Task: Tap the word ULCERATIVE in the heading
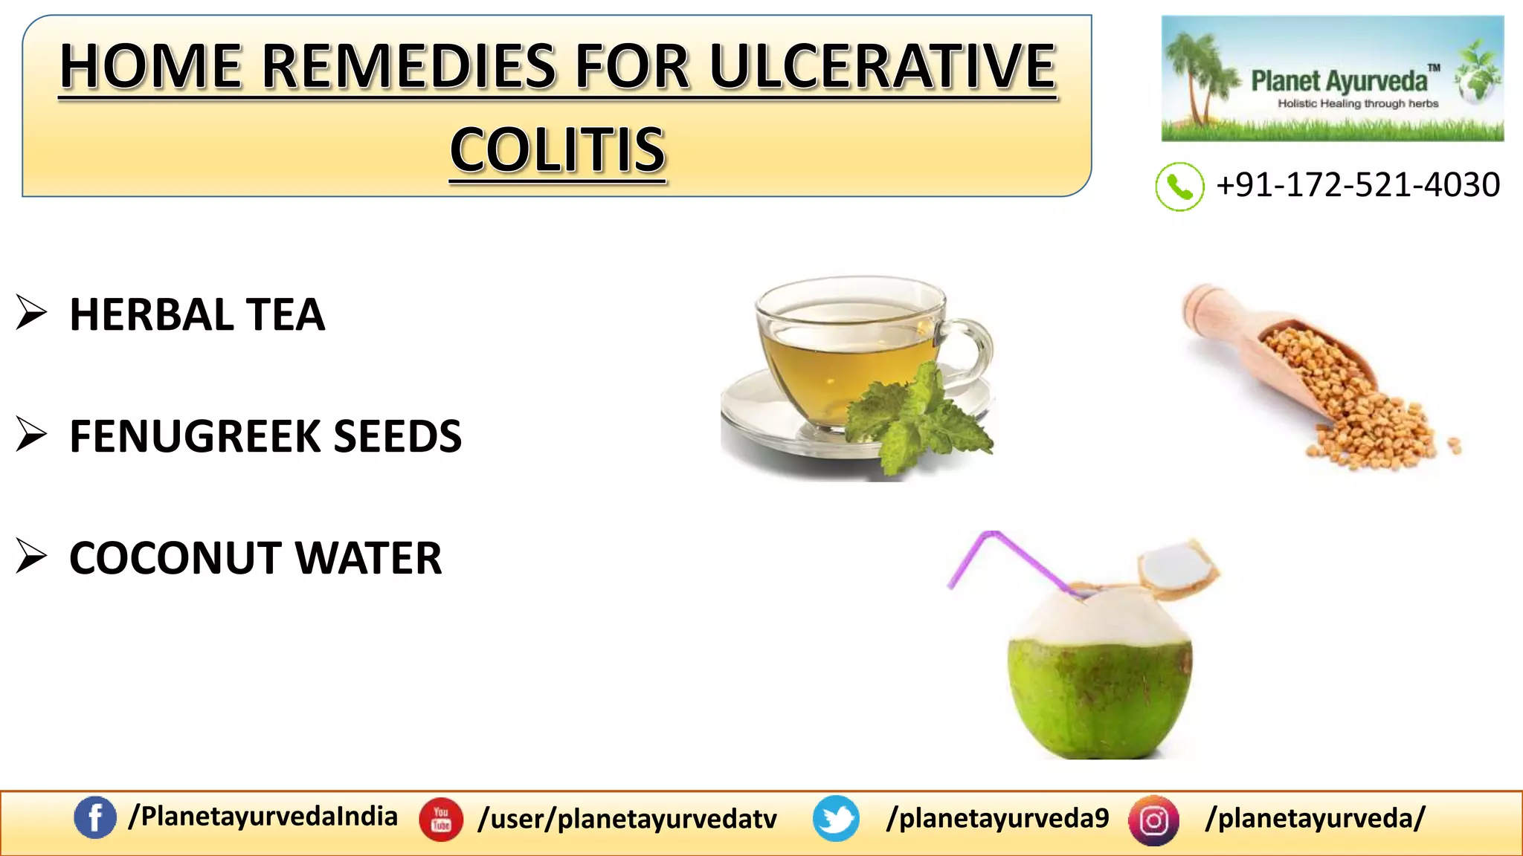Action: [x=882, y=67]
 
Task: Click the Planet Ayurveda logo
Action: [x=1332, y=79]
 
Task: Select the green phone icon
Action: [x=1179, y=187]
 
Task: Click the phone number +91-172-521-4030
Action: [x=1357, y=185]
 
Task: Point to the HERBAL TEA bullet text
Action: [x=197, y=314]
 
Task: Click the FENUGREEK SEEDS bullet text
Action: [x=265, y=436]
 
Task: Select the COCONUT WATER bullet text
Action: [x=255, y=558]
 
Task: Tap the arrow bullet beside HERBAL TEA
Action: [x=31, y=313]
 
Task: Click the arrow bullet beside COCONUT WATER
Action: [x=31, y=557]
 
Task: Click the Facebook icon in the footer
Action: [x=95, y=818]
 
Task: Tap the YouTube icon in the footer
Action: [x=441, y=820]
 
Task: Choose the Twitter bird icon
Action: [x=836, y=819]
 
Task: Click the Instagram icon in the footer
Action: [x=1153, y=820]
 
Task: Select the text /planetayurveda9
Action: [x=997, y=818]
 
